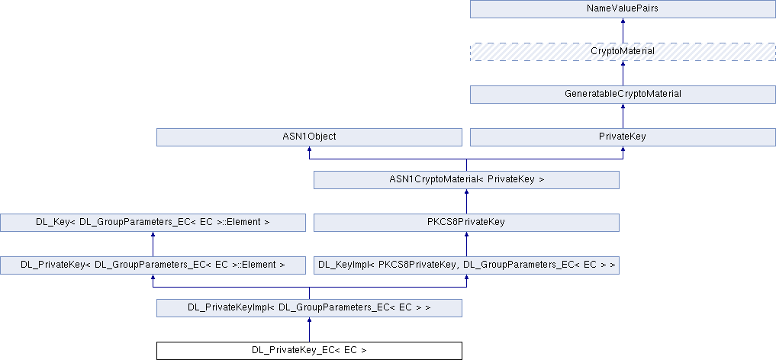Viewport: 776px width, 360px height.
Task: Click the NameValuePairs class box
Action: [x=623, y=9]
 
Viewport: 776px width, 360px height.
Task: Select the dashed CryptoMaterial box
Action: [x=623, y=52]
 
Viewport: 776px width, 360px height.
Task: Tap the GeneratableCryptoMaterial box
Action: [x=623, y=95]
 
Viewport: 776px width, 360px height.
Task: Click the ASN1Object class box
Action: [x=309, y=137]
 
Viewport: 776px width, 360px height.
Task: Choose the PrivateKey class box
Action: [x=623, y=137]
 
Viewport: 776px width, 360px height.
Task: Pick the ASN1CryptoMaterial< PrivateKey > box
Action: [x=466, y=179]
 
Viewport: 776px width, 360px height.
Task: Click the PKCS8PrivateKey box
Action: [x=466, y=223]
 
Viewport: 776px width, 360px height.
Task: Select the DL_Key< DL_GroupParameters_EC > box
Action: [x=153, y=223]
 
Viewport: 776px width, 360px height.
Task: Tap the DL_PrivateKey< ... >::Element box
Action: [x=153, y=265]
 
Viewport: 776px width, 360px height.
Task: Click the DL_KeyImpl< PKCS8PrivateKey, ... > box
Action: [x=466, y=265]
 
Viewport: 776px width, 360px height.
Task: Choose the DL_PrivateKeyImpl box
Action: [x=309, y=307]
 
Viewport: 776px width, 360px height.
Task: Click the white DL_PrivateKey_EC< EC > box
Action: [x=309, y=351]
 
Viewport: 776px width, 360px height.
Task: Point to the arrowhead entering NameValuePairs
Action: [x=623, y=21]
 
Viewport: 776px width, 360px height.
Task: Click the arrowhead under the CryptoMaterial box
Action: [x=623, y=64]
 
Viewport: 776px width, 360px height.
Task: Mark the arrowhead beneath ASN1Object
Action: [x=309, y=149]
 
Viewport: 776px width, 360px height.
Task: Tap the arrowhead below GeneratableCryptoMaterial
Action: [x=623, y=106]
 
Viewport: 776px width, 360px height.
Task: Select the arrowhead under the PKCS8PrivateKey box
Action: [x=466, y=234]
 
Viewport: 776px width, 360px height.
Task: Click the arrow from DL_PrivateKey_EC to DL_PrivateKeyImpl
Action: [x=309, y=329]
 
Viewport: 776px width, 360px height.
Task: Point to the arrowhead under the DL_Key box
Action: [x=153, y=234]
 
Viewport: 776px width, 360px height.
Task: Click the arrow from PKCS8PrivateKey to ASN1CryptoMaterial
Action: [x=466, y=201]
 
